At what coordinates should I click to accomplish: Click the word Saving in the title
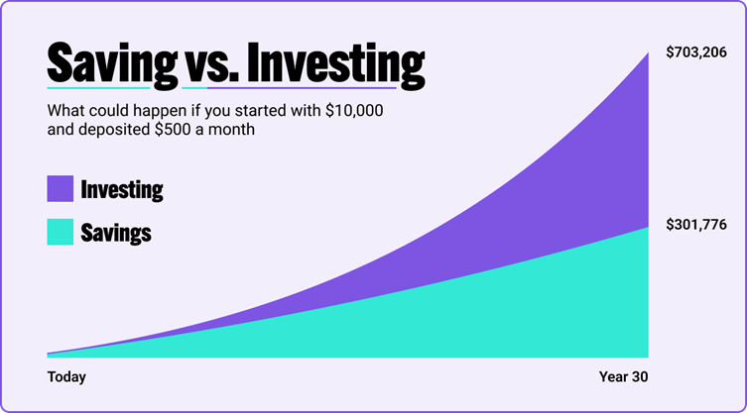click(x=112, y=63)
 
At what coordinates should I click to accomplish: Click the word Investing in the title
click(x=336, y=63)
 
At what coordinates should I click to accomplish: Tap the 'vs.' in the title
click(x=212, y=67)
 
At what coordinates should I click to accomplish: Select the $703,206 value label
click(x=696, y=52)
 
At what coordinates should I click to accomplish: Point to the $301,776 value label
click(x=696, y=225)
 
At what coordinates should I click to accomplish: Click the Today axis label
click(x=66, y=376)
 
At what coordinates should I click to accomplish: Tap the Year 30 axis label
click(x=624, y=376)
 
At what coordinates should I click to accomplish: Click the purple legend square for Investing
click(x=61, y=188)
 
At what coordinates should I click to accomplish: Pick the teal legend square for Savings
click(x=61, y=232)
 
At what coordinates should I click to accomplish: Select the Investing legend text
click(x=122, y=190)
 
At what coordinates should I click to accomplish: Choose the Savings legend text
click(x=116, y=233)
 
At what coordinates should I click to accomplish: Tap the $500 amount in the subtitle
click(x=171, y=130)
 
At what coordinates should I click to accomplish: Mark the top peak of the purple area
click(x=649, y=52)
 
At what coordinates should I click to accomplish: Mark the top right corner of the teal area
click(x=649, y=227)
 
